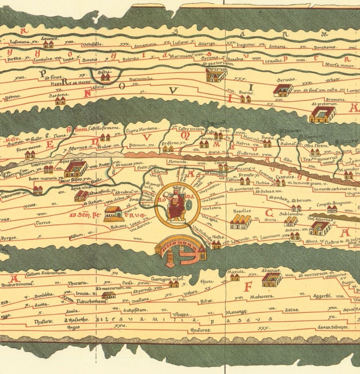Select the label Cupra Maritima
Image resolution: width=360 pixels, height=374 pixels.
click(x=142, y=129)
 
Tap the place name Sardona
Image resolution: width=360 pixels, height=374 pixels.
click(x=57, y=95)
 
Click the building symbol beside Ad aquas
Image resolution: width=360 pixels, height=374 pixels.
click(x=272, y=279)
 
